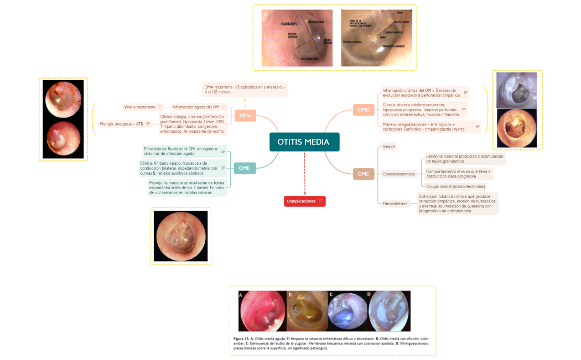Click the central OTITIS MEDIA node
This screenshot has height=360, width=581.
coord(304,142)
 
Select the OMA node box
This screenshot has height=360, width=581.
coord(245,116)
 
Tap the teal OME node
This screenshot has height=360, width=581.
coord(245,168)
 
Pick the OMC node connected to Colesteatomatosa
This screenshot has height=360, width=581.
coord(364,174)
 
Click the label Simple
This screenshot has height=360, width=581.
coord(389,147)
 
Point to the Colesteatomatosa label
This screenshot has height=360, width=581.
coord(398,174)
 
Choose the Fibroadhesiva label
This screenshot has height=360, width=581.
coord(395,204)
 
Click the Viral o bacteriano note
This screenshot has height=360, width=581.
coord(139,107)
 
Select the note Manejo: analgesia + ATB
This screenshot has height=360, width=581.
coord(122,124)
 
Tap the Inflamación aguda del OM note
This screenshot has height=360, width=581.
coord(196,107)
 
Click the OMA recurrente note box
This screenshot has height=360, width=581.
coord(245,90)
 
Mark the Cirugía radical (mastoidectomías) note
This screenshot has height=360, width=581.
coord(455,186)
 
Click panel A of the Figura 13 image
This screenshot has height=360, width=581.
coord(263,311)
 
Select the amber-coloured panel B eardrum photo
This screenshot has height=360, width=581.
coord(308,311)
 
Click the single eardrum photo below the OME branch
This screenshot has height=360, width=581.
coord(180,236)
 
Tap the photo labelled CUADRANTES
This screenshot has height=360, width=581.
coord(297,38)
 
